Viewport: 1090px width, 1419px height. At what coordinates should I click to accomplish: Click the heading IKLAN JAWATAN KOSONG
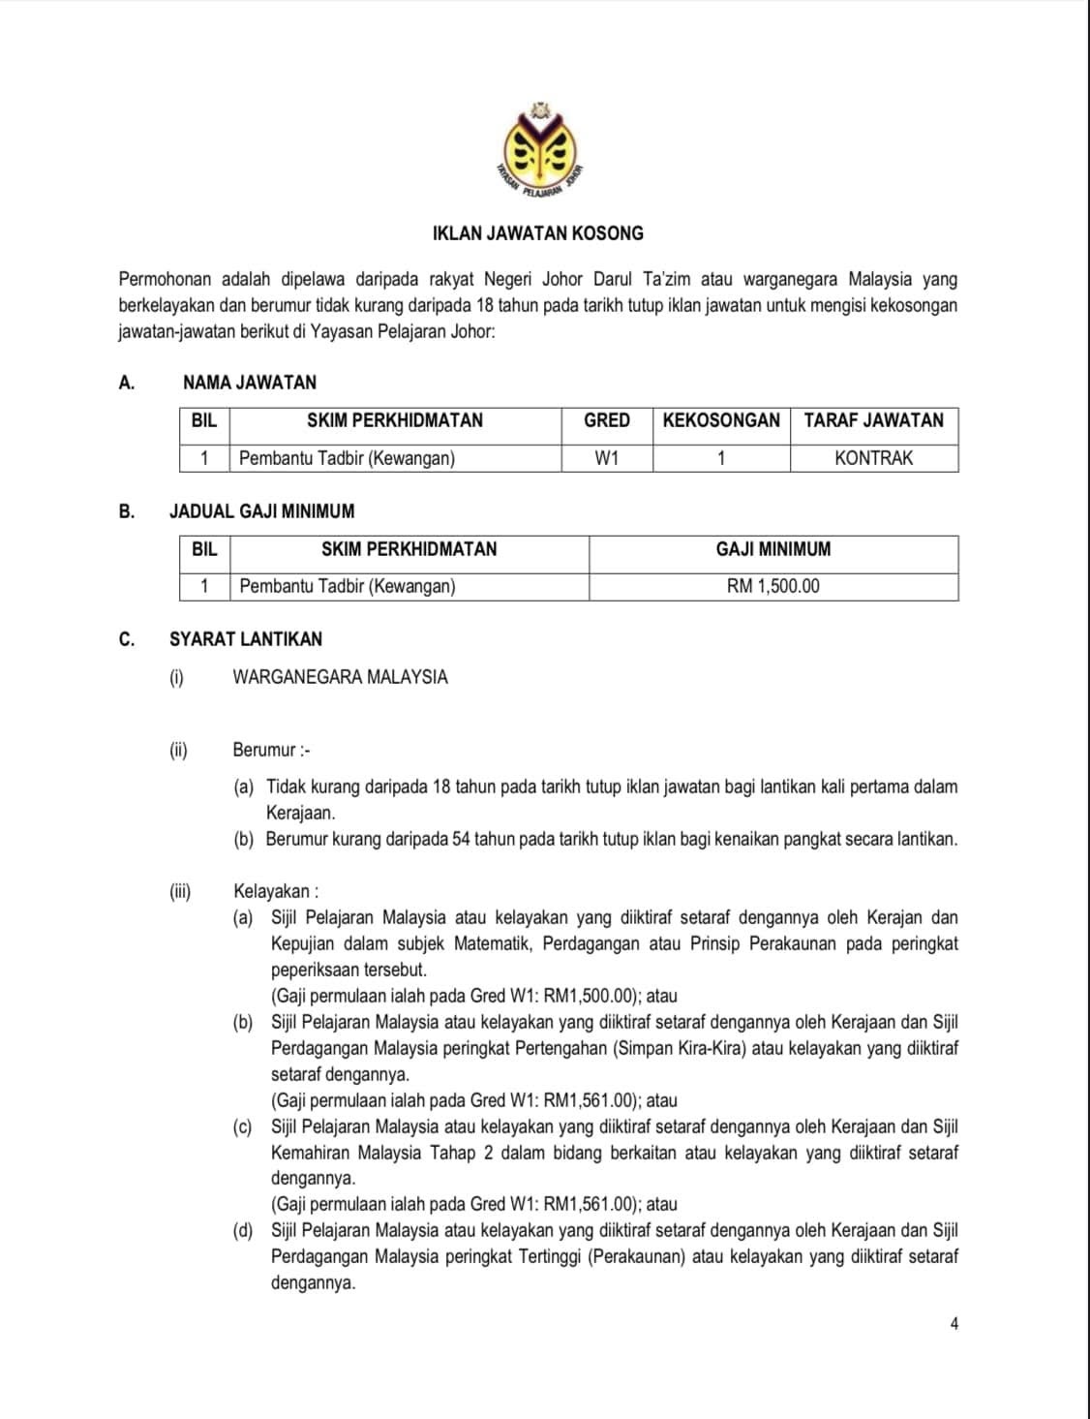click(538, 233)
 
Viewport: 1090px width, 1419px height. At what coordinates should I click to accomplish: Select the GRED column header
click(607, 420)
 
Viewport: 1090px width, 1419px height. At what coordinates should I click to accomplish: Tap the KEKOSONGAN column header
click(721, 420)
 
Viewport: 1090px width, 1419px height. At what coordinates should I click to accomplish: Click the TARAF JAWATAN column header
click(873, 420)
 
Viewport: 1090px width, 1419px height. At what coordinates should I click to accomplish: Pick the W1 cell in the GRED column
click(607, 458)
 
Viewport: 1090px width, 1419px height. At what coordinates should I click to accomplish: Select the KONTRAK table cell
click(873, 458)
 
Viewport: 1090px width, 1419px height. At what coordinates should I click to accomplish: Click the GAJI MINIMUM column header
click(772, 549)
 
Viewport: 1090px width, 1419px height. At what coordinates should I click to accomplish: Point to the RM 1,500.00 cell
click(772, 586)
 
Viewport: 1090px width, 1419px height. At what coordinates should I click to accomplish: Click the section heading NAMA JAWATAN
click(250, 383)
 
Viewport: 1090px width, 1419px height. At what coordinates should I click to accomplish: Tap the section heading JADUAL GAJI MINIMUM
click(261, 511)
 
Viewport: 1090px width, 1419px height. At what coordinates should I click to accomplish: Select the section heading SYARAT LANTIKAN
click(246, 639)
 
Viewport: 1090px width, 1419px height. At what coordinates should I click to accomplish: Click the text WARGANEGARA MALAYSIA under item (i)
click(340, 677)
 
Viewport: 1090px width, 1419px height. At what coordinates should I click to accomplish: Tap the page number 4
click(954, 1324)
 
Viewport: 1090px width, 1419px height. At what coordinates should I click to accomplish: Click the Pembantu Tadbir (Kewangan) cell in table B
click(347, 586)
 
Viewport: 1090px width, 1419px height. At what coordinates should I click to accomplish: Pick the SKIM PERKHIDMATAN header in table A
click(394, 420)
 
